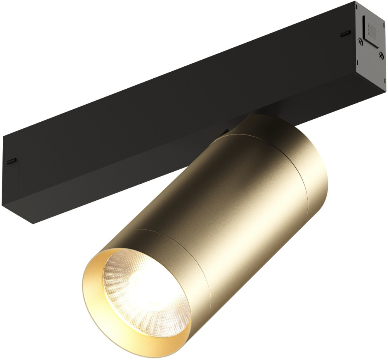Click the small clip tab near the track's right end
click(x=343, y=34)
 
